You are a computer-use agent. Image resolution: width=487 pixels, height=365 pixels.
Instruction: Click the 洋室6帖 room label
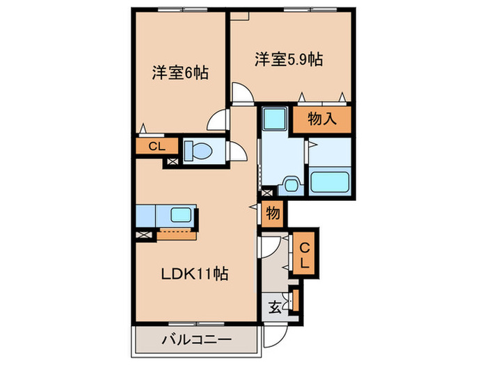(x=180, y=72)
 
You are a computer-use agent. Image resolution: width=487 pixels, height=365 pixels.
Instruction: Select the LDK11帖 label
(x=195, y=273)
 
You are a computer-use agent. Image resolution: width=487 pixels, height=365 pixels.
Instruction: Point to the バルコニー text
(x=196, y=341)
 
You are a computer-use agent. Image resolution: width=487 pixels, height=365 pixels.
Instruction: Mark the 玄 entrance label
(x=275, y=307)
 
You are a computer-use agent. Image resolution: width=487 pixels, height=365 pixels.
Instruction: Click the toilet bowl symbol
(x=200, y=151)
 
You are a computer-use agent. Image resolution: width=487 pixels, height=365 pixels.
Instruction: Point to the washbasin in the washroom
(x=290, y=184)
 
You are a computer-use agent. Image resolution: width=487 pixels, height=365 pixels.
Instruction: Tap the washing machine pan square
(x=275, y=119)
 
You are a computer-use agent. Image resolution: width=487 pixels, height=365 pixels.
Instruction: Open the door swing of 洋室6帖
(x=218, y=120)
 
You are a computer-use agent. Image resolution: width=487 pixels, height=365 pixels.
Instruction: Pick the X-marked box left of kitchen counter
(x=144, y=235)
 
